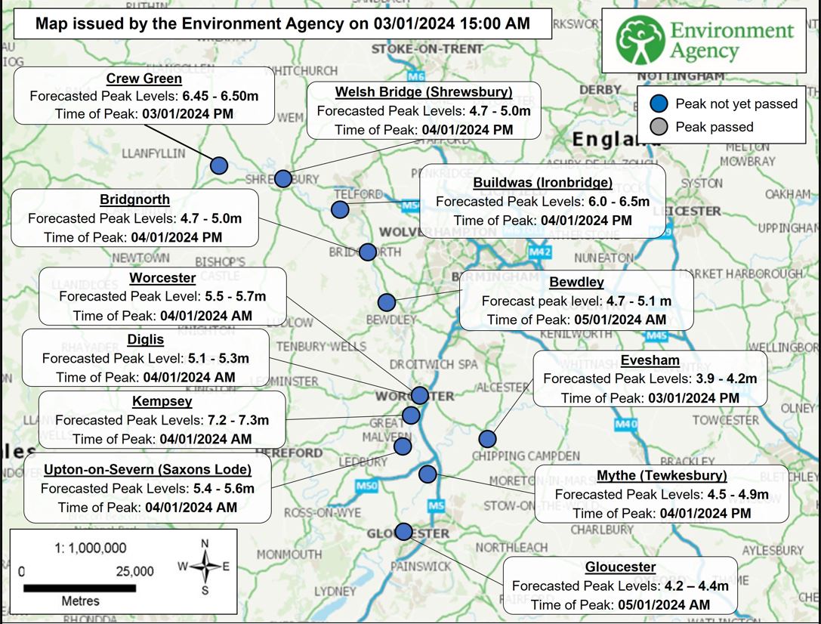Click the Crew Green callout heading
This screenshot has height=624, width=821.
coord(144,79)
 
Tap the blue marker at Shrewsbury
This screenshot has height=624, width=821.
coord(282,178)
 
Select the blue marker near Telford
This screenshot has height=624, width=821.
coord(341,209)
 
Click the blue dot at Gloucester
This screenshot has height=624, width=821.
coord(404,532)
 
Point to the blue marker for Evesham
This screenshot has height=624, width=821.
coord(487,439)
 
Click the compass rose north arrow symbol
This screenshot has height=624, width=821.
coord(205,565)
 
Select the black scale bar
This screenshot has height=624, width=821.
coord(79,588)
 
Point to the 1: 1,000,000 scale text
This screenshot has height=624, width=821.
coord(90,548)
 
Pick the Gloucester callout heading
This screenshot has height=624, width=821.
coord(620,567)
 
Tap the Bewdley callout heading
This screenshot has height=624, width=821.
coord(576,283)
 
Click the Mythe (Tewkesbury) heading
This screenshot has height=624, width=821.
coord(662,476)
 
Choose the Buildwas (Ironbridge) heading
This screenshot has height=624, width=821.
coord(542,183)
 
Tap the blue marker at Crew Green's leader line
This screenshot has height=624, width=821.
coord(219,165)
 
